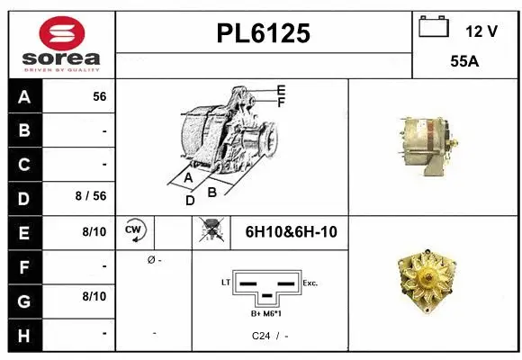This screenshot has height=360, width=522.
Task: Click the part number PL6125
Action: pos(264,33)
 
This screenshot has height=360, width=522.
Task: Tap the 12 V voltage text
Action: pos(481,31)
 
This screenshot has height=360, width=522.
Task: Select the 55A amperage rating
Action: pos(464,64)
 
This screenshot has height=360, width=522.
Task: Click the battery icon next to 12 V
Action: pos(433,28)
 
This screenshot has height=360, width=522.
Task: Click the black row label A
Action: pos(24,96)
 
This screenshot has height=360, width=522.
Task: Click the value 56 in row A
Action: pos(99,96)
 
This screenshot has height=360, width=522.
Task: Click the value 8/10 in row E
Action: pos(94,232)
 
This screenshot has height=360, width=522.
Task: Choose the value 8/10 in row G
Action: pos(94,296)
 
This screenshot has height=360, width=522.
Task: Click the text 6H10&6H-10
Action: pos(291,232)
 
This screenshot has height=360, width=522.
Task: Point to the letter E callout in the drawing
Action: pos(281,90)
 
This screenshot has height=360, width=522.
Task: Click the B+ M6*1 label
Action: pos(267,313)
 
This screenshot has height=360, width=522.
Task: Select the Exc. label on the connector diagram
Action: pos(310,283)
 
